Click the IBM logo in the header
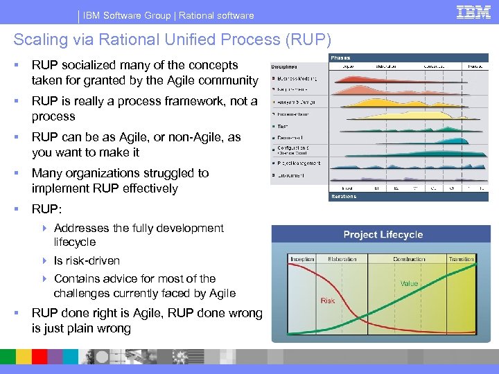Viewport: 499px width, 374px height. (474, 12)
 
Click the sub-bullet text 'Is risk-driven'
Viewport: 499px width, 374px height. (87, 260)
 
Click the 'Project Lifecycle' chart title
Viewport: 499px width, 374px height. (383, 235)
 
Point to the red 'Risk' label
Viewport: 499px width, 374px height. (328, 301)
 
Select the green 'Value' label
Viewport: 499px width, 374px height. (409, 283)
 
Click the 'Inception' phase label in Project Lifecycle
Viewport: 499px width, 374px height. (302, 259)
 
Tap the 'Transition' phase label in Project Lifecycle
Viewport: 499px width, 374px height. (462, 259)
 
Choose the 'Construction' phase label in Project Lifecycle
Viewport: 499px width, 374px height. (409, 259)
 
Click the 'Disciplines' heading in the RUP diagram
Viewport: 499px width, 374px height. (285, 68)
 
